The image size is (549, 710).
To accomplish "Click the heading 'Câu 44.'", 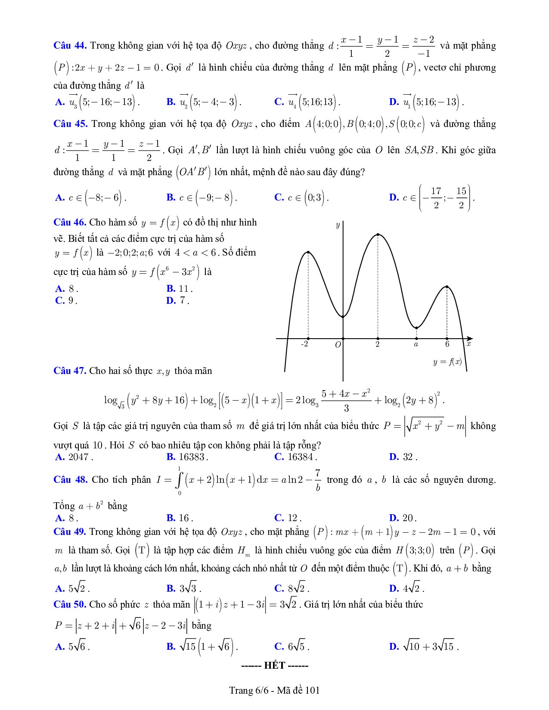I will (70, 46).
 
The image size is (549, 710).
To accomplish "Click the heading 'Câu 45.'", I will (70, 124).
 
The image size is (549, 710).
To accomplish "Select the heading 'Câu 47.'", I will (70, 371).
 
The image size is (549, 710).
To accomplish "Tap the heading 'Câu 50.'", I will (70, 605).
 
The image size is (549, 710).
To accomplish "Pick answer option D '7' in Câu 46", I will (177, 301).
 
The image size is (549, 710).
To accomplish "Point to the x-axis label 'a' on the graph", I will (416, 344).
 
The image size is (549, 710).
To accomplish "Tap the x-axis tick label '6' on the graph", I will (447, 344).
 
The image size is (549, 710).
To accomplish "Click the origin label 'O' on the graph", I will (338, 345).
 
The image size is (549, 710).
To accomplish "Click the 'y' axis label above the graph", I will (338, 225).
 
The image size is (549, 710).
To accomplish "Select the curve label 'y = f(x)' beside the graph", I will (447, 362).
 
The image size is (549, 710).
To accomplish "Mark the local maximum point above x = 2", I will (378, 235).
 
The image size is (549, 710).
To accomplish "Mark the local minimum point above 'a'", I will (416, 328).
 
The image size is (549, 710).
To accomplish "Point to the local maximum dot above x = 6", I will (447, 287).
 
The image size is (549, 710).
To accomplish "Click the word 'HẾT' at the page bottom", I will (275, 666).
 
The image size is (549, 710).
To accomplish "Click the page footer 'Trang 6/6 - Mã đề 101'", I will (274, 691).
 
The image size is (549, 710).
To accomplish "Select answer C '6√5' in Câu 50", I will (292, 647).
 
